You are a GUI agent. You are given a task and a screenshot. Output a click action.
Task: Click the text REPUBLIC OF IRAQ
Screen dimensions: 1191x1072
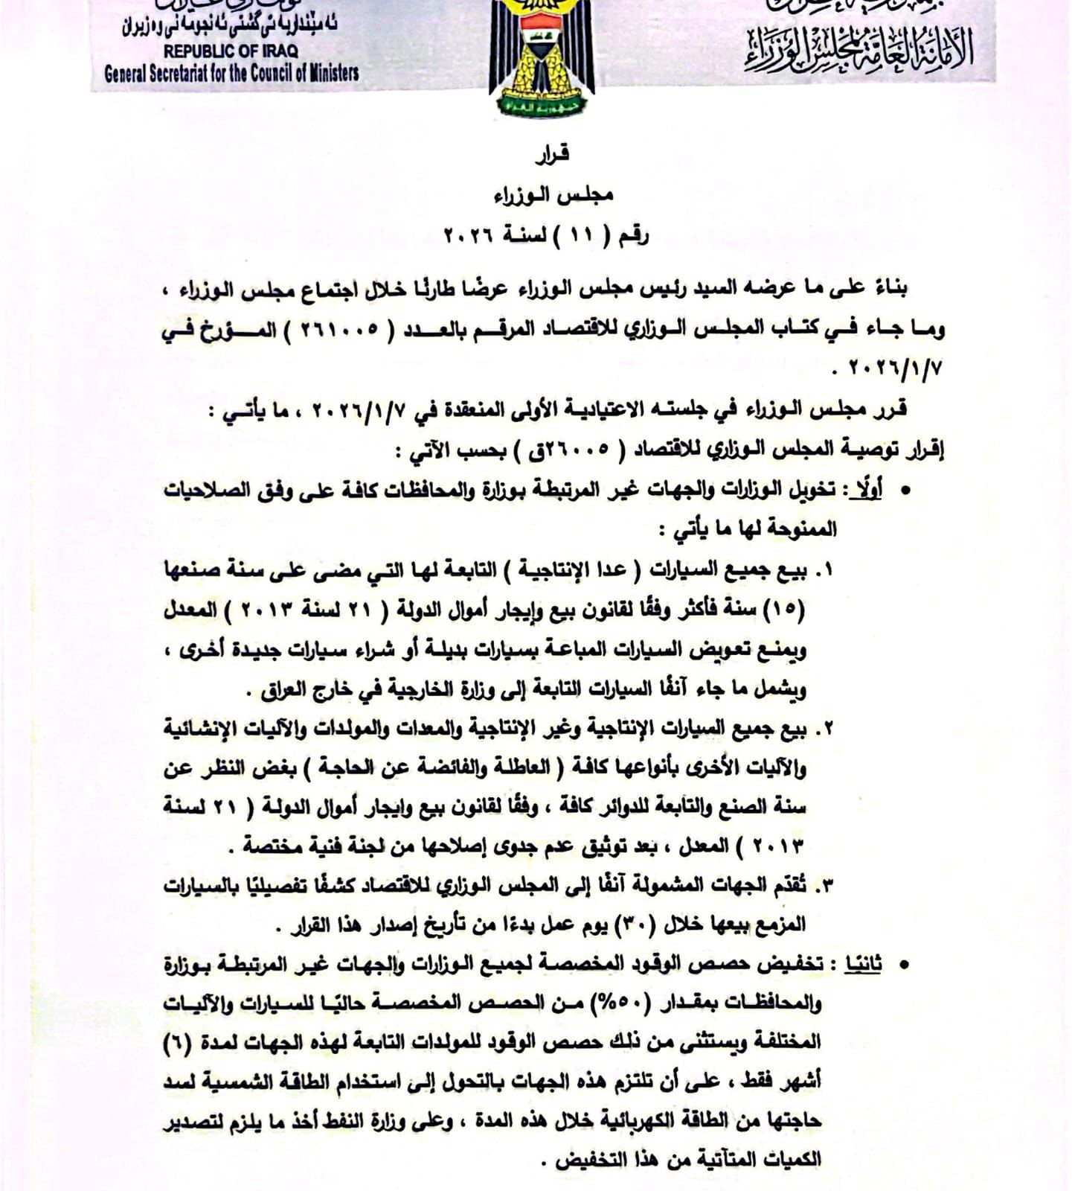(231, 51)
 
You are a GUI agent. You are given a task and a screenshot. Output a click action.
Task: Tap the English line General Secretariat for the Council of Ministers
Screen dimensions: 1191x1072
(231, 73)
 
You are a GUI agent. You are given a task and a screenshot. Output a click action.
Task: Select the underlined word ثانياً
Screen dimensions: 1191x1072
(863, 964)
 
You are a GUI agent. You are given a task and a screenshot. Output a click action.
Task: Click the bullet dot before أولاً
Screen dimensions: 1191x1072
(905, 491)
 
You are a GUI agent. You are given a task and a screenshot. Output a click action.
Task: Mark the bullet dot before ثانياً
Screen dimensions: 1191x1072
(905, 965)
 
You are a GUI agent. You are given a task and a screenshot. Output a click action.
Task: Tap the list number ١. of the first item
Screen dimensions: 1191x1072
(824, 571)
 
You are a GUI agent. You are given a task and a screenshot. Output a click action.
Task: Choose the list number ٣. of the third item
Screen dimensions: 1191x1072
(824, 886)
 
